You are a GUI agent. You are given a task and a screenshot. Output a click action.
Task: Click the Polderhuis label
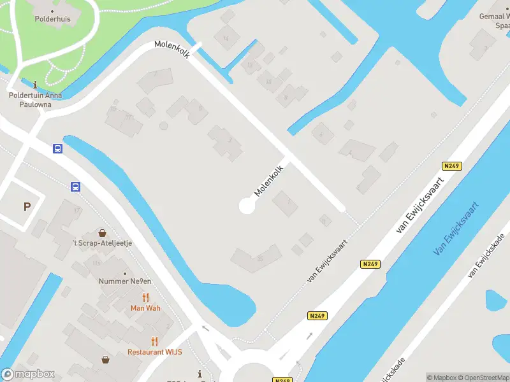pyautogui.click(x=52, y=19)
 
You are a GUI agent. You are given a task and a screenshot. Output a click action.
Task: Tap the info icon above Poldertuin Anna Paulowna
pyautogui.click(x=35, y=84)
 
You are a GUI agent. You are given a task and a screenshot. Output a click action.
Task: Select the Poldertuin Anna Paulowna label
pyautogui.click(x=35, y=100)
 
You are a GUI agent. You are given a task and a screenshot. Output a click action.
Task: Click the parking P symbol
pyautogui.click(x=27, y=206)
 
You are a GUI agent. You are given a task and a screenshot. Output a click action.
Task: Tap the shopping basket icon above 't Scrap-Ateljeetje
pyautogui.click(x=102, y=233)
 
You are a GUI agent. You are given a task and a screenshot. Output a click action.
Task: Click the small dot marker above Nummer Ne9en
pyautogui.click(x=125, y=273)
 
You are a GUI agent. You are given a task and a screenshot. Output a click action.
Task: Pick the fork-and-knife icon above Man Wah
pyautogui.click(x=145, y=297)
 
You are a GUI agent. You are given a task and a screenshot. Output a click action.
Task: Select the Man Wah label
pyautogui.click(x=145, y=308)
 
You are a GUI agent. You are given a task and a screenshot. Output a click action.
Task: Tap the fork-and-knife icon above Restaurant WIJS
pyautogui.click(x=154, y=341)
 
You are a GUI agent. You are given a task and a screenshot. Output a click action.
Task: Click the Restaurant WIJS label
pyautogui.click(x=155, y=351)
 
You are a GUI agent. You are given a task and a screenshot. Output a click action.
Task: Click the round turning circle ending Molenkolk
pyautogui.click(x=247, y=206)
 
